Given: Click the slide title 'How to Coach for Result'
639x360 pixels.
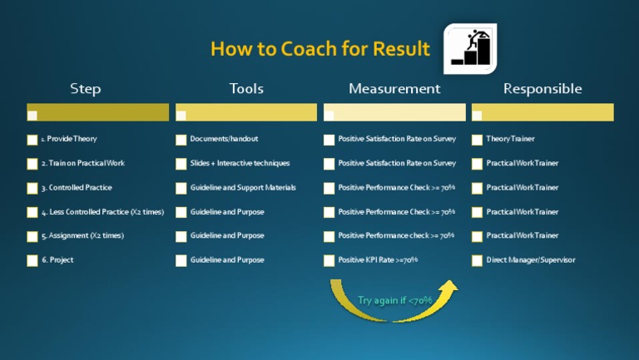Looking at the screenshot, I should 319,49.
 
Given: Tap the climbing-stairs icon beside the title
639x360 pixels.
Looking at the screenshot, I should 469,48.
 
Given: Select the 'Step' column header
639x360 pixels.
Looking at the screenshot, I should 86,89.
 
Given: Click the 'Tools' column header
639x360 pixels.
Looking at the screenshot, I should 246,89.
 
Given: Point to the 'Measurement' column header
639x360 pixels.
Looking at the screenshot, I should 394,89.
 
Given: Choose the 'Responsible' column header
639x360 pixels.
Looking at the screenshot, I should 542,89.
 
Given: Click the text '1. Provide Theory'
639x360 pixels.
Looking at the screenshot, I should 69,139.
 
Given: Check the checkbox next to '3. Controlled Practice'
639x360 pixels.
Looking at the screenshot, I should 32,189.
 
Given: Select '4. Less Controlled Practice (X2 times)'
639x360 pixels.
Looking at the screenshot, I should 102,212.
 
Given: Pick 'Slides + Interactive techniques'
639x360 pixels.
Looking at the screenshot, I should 240,163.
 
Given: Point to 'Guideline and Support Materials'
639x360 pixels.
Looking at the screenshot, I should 243,188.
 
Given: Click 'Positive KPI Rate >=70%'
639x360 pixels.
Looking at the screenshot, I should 378,260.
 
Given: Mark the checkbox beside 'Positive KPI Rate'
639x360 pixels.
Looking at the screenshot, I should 329,261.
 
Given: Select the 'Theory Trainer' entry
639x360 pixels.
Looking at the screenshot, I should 511,139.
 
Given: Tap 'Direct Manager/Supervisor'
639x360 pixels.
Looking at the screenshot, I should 531,260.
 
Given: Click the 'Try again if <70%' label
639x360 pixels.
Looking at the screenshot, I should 394,300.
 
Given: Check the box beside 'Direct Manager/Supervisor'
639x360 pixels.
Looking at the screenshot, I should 478,261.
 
